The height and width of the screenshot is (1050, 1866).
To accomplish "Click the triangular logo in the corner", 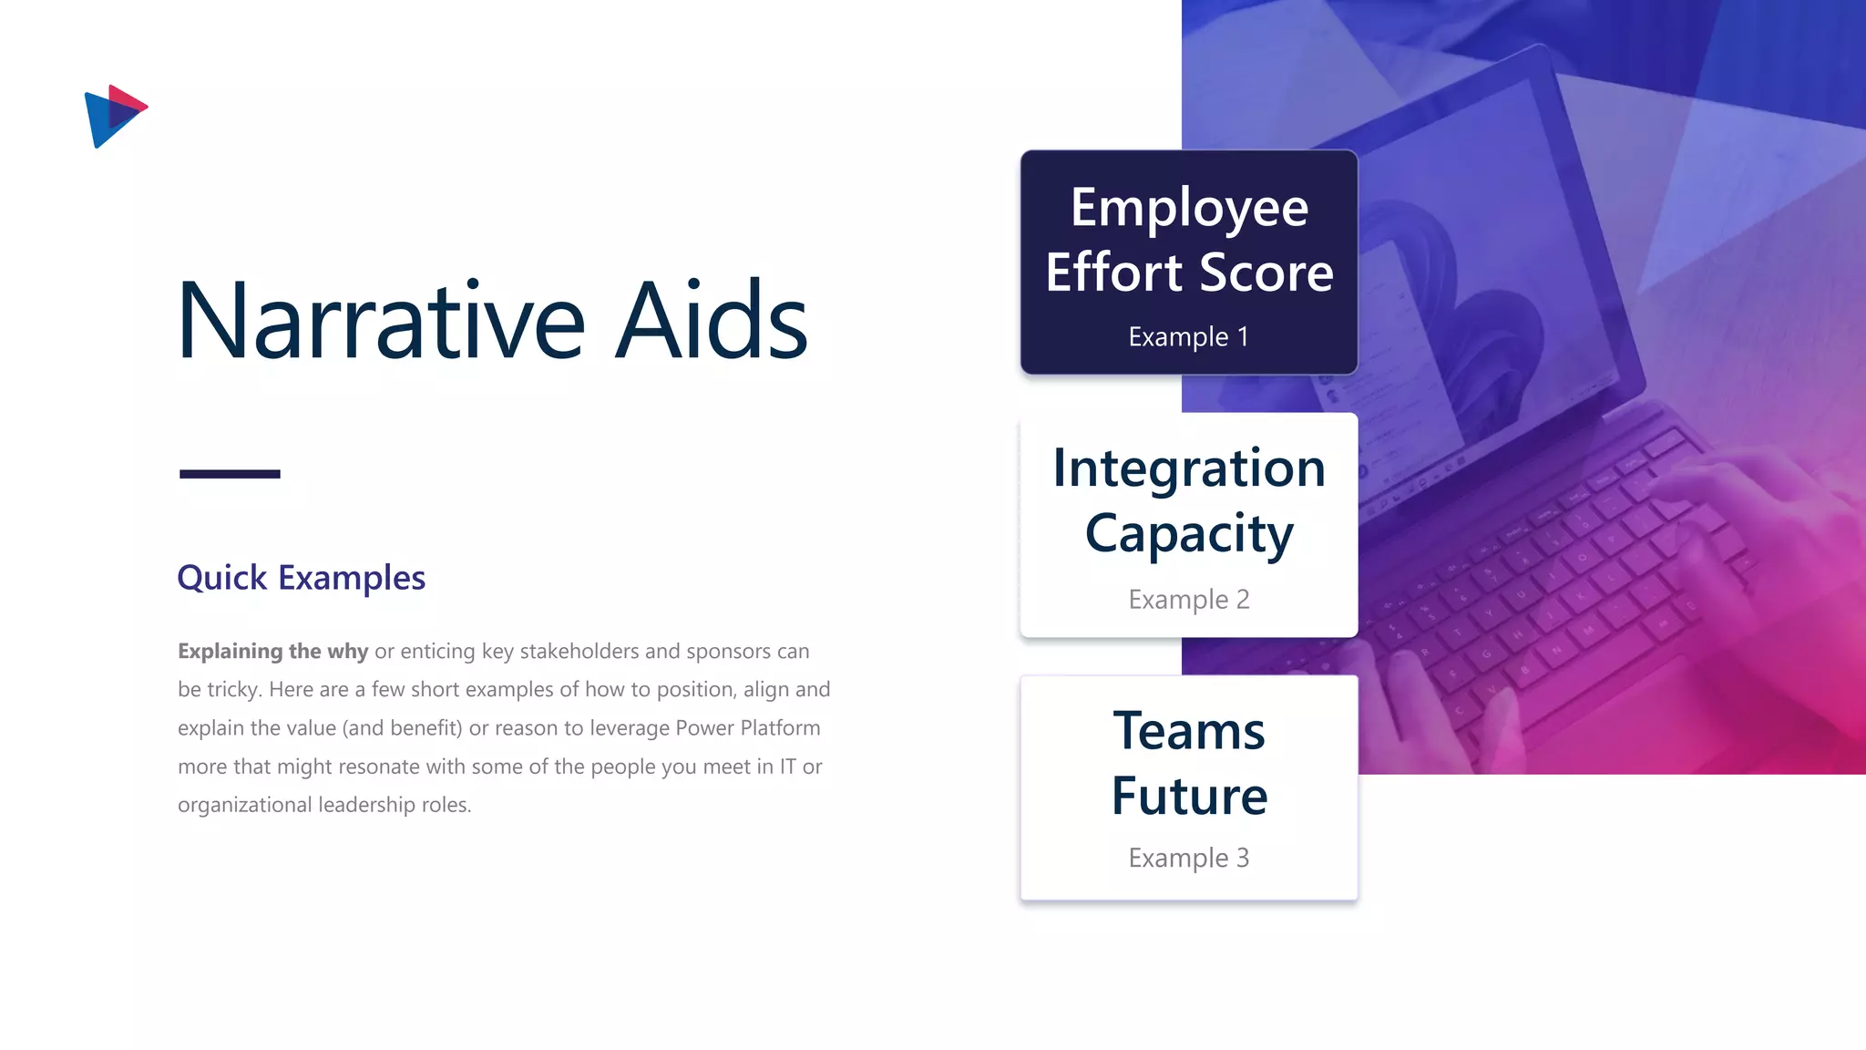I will coord(114,116).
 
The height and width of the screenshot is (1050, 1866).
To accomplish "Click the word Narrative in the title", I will coord(380,321).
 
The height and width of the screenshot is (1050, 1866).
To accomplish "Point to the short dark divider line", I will coord(230,474).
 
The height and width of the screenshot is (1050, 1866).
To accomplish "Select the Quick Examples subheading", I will coord(301,578).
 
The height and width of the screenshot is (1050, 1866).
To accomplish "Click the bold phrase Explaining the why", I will coord(272,651).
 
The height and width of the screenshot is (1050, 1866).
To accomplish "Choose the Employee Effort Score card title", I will coord(1189,240).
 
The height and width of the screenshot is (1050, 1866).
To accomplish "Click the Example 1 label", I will coord(1188,336).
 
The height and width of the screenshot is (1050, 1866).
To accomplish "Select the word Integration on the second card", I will coord(1189,468).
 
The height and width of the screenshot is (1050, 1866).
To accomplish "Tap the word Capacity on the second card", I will coord(1189,534).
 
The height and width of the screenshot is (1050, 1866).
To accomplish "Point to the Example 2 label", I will coord(1188,599).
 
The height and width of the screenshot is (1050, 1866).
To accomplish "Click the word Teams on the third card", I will coord(1189,731).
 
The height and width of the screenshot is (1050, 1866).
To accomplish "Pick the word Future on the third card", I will coord(1189,796).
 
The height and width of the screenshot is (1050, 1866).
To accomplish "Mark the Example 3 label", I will coord(1188,858).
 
